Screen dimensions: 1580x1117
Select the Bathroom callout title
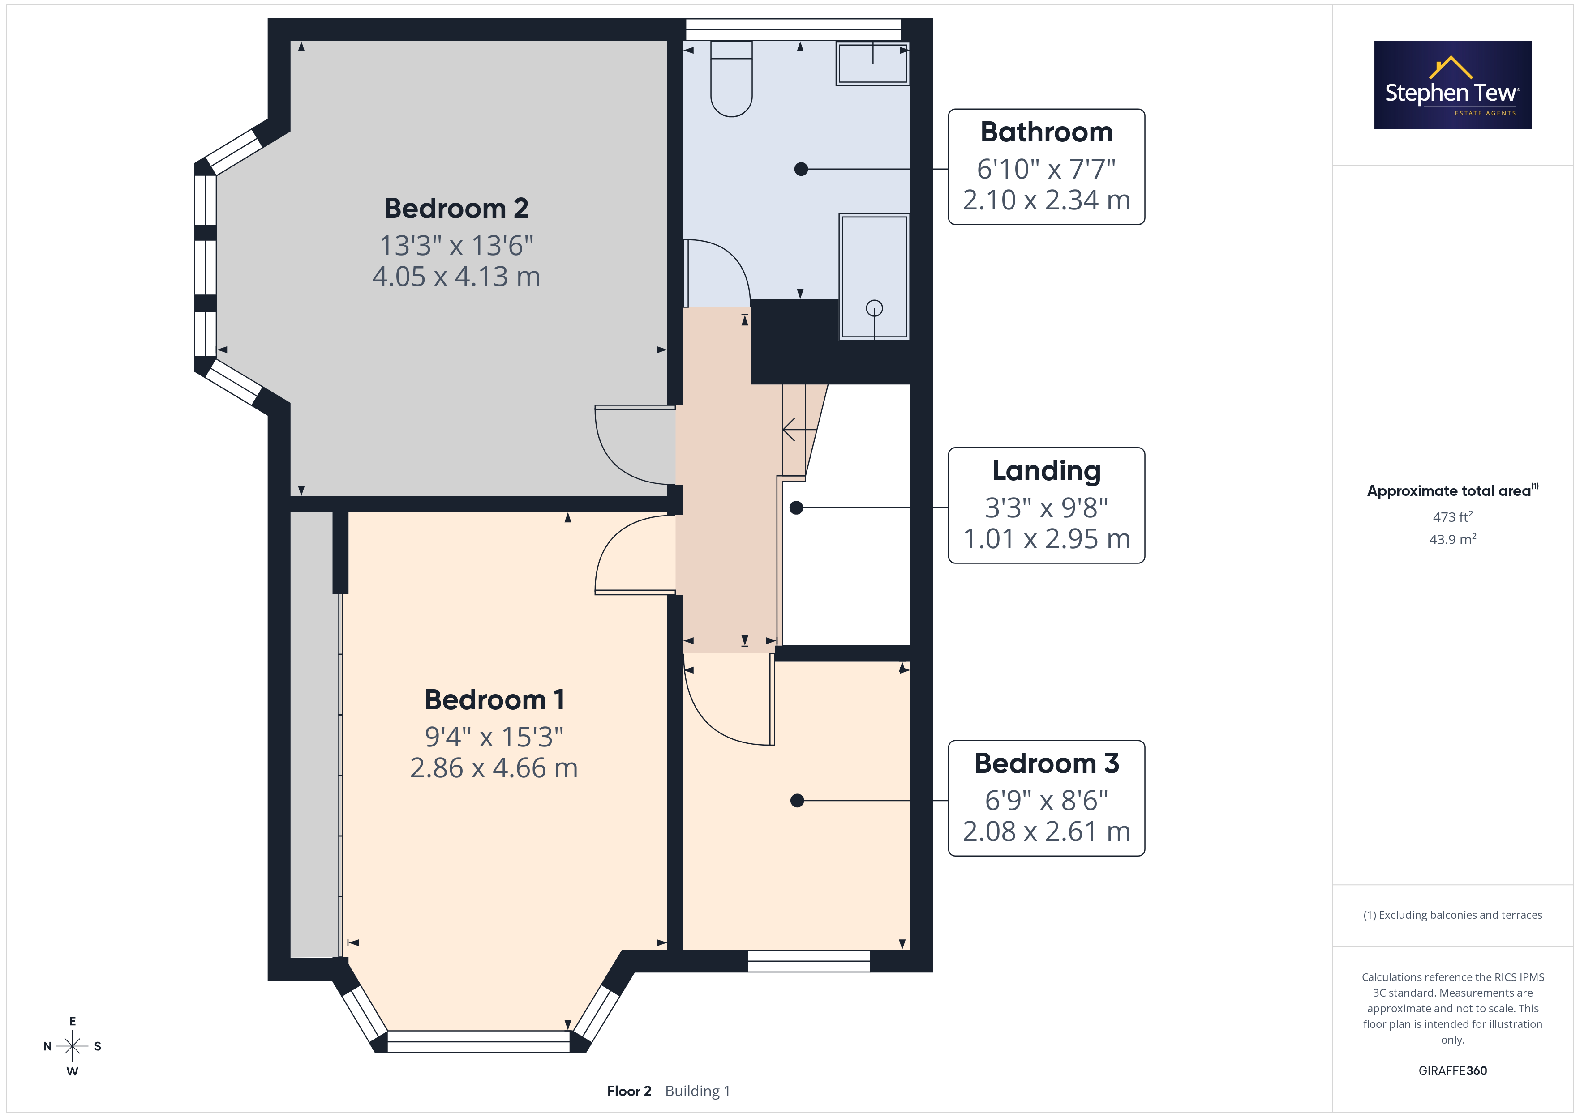1046,132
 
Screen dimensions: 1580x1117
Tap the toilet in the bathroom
731,78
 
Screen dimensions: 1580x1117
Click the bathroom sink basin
872,63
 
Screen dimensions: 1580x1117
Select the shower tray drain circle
874,308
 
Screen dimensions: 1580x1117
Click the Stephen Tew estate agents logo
1452,85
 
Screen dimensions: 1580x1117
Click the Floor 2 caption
629,1091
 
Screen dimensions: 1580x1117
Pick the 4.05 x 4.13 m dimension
456,277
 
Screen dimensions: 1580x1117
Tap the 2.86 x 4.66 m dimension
494,767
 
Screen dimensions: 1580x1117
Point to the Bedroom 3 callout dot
797,801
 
